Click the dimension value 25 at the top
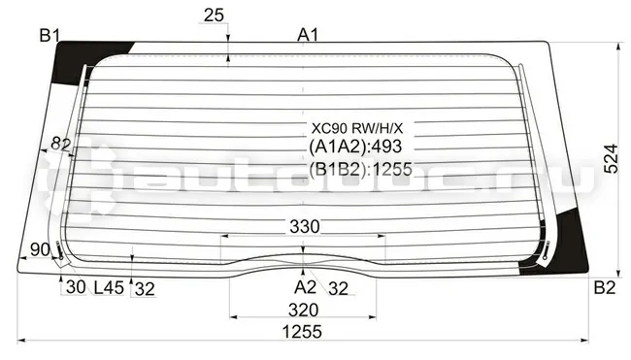point(214,16)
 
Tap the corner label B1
point(50,36)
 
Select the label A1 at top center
point(308,35)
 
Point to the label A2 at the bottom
point(305,287)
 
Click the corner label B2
point(605,288)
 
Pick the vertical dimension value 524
point(611,158)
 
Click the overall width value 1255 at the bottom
point(302,332)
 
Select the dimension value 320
point(304,311)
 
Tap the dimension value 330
point(305,227)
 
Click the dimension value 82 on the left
point(61,144)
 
